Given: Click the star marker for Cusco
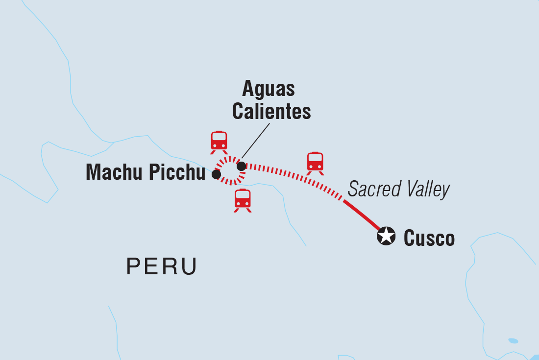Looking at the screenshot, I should coord(386,236).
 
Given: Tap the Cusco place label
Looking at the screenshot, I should coord(429,239).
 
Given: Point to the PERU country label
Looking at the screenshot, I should coord(162,266).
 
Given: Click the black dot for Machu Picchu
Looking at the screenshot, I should coord(216,174).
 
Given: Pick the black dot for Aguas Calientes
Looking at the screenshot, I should coord(241,167).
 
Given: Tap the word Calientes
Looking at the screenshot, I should coord(271,112).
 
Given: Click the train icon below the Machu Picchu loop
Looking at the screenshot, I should coord(243,200).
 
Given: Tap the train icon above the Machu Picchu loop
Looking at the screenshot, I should coord(219,142).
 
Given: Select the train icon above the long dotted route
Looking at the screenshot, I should coord(315,163).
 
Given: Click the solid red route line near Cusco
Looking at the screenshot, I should coord(363,215).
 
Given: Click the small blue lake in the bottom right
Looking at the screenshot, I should coord(513,340).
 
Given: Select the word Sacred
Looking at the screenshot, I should coord(372,190).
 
